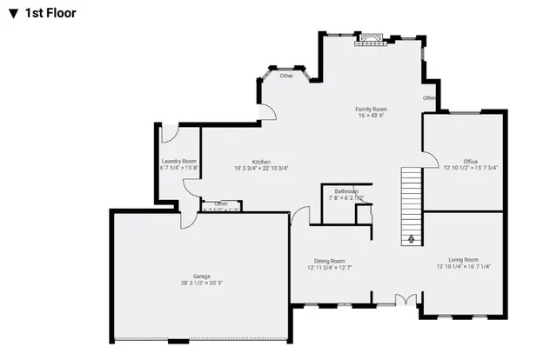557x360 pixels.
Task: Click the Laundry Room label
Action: point(178,162)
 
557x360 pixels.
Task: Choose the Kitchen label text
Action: point(261,162)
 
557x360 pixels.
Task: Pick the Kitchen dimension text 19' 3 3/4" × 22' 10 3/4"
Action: point(261,169)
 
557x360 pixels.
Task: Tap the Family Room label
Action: point(371,109)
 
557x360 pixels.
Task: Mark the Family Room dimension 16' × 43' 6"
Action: point(371,116)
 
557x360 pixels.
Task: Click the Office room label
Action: point(471,162)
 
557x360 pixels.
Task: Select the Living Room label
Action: point(463,259)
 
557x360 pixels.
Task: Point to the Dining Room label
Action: point(330,260)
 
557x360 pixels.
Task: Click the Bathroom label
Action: point(346,190)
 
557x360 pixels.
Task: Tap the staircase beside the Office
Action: point(411,200)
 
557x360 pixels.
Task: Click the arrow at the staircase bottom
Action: point(411,237)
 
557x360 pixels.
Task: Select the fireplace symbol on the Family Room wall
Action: point(372,37)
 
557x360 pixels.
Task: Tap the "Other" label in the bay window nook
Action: point(286,76)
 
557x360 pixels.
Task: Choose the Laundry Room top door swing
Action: point(170,132)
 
